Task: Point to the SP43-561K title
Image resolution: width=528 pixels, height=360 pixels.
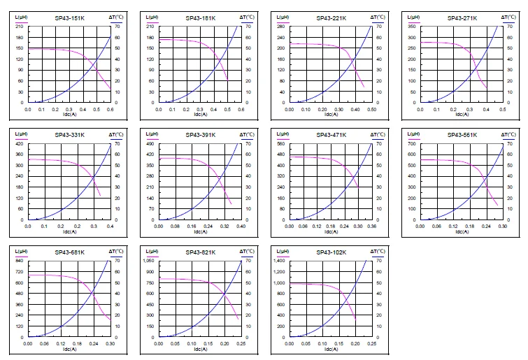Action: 462,135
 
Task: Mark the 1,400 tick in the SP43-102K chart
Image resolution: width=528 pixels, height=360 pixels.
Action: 279,261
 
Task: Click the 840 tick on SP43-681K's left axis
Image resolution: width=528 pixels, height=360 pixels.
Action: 20,261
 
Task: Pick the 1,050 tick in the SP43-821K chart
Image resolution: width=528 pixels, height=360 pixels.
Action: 148,261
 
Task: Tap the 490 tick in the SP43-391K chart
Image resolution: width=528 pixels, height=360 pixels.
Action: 150,143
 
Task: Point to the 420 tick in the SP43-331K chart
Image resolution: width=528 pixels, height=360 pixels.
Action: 20,143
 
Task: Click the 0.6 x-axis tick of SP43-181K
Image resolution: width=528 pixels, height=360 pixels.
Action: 241,110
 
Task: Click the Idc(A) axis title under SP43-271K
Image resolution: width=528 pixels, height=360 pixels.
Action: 462,115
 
